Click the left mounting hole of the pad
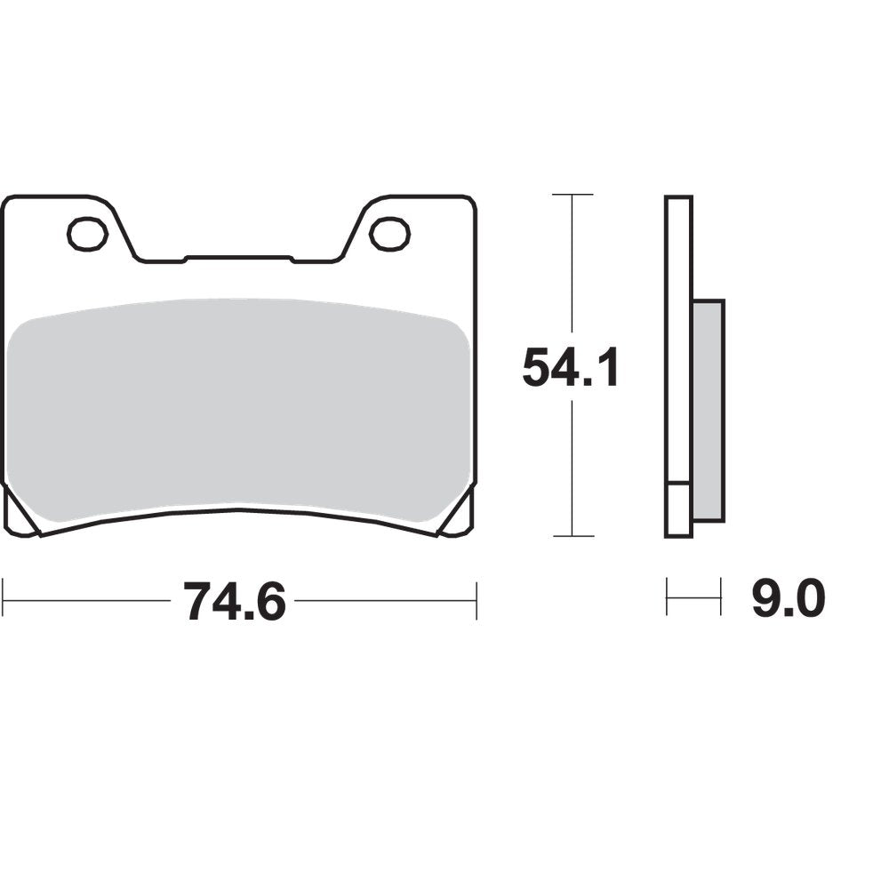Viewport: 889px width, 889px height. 87,234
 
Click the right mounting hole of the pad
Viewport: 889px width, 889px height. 389,234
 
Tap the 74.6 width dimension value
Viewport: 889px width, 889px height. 234,602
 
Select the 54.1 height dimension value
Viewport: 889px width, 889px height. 570,367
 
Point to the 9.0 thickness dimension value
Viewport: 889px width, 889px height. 789,600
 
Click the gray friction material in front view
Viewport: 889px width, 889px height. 238,409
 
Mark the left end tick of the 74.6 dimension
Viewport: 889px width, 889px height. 4,601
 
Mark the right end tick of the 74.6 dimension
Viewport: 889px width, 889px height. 477,601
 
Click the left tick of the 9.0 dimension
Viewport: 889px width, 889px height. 668,597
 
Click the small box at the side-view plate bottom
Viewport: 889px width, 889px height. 678,509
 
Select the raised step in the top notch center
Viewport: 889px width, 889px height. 238,259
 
